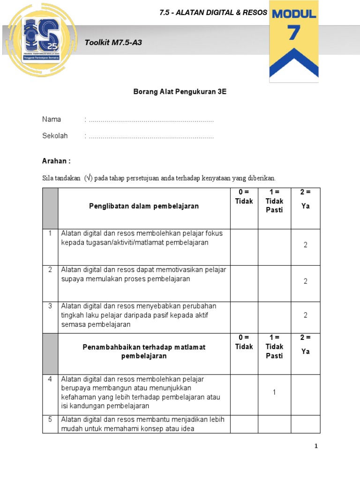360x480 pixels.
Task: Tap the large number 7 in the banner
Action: coord(294,33)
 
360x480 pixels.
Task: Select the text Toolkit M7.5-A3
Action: coord(113,43)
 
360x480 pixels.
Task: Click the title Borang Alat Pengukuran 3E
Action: coord(180,92)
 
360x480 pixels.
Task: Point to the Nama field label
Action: coord(52,120)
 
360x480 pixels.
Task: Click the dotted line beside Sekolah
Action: coord(151,136)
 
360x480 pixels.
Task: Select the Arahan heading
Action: coord(56,161)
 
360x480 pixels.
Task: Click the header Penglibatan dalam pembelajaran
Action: coord(144,206)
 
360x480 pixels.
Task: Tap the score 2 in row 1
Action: coord(305,245)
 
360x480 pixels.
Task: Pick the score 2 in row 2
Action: coord(305,281)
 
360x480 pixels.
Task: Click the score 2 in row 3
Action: coord(305,315)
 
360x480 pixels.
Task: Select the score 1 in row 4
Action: coord(274,392)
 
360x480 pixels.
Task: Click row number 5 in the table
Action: coord(50,420)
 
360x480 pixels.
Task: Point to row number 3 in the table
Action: coord(50,306)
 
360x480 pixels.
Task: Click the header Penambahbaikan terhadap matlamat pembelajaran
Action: coord(144,352)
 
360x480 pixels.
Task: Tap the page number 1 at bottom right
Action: coord(316,446)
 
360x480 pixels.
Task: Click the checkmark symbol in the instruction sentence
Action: coord(89,178)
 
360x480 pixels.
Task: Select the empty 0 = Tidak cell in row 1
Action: coord(244,247)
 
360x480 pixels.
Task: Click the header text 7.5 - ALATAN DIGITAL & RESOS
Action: coord(213,13)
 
